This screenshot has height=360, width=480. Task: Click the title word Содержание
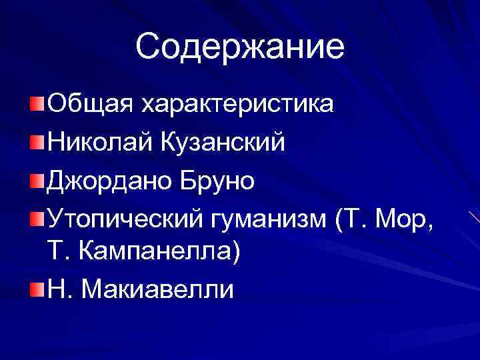click(x=240, y=47)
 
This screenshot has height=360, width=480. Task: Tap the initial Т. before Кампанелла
click(x=58, y=252)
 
